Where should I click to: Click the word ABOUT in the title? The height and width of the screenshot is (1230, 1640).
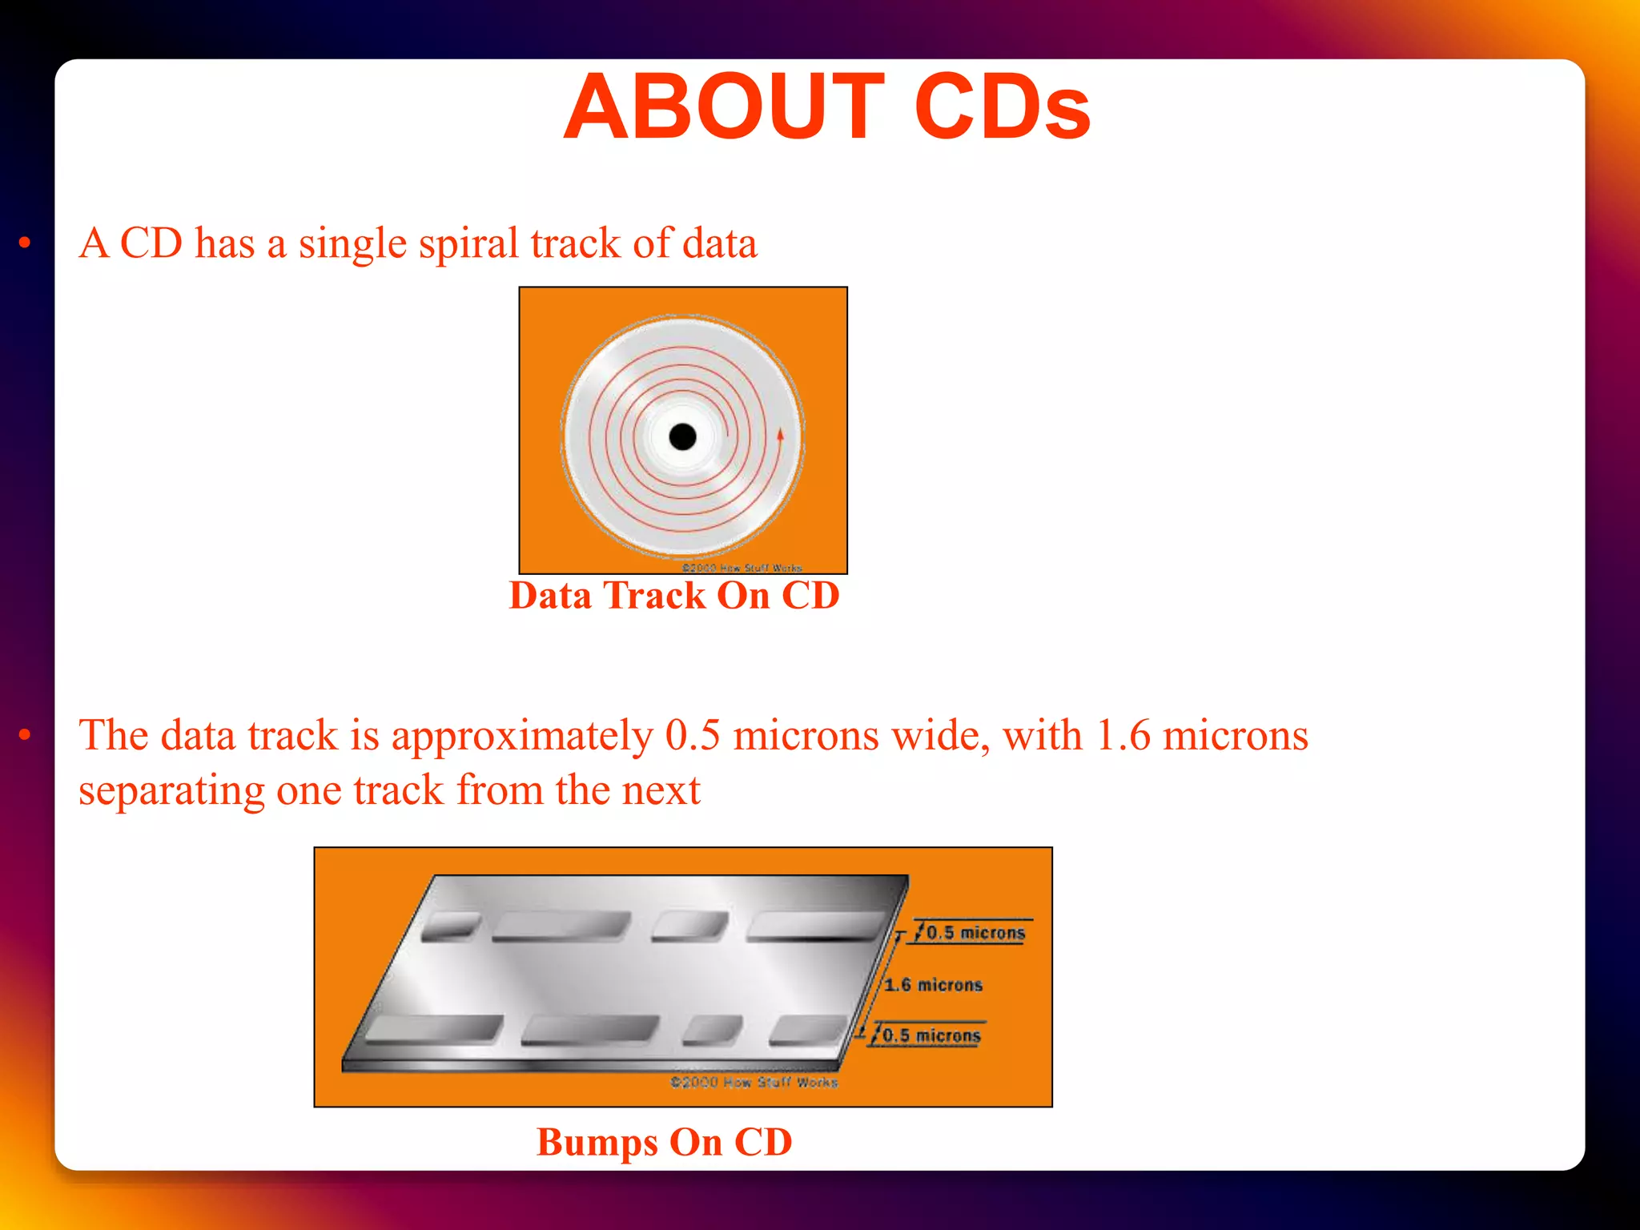pos(725,107)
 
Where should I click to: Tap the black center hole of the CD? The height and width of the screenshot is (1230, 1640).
pos(682,437)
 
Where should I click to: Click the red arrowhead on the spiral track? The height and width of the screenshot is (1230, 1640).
pos(780,435)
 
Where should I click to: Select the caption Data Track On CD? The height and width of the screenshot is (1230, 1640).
pos(674,596)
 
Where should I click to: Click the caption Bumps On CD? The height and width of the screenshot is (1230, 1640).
pos(664,1142)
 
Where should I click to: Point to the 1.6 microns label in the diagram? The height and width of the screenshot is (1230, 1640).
pos(933,985)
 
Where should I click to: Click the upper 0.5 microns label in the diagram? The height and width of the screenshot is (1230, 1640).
pos(975,933)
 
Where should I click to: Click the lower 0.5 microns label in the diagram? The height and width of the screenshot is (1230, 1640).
pos(931,1035)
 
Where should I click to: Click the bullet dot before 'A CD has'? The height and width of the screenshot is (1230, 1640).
pos(25,242)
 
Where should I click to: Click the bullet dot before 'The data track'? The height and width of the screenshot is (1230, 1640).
pos(25,734)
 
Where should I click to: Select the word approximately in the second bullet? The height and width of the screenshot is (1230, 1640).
pos(522,737)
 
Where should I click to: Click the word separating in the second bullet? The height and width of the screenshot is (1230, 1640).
pos(171,791)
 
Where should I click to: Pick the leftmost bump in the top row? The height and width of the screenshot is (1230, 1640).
pos(450,927)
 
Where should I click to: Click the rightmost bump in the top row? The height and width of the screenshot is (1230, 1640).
pos(815,926)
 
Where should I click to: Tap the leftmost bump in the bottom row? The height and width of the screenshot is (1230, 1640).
pos(433,1029)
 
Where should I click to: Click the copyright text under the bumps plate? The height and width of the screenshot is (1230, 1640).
pos(754,1083)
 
